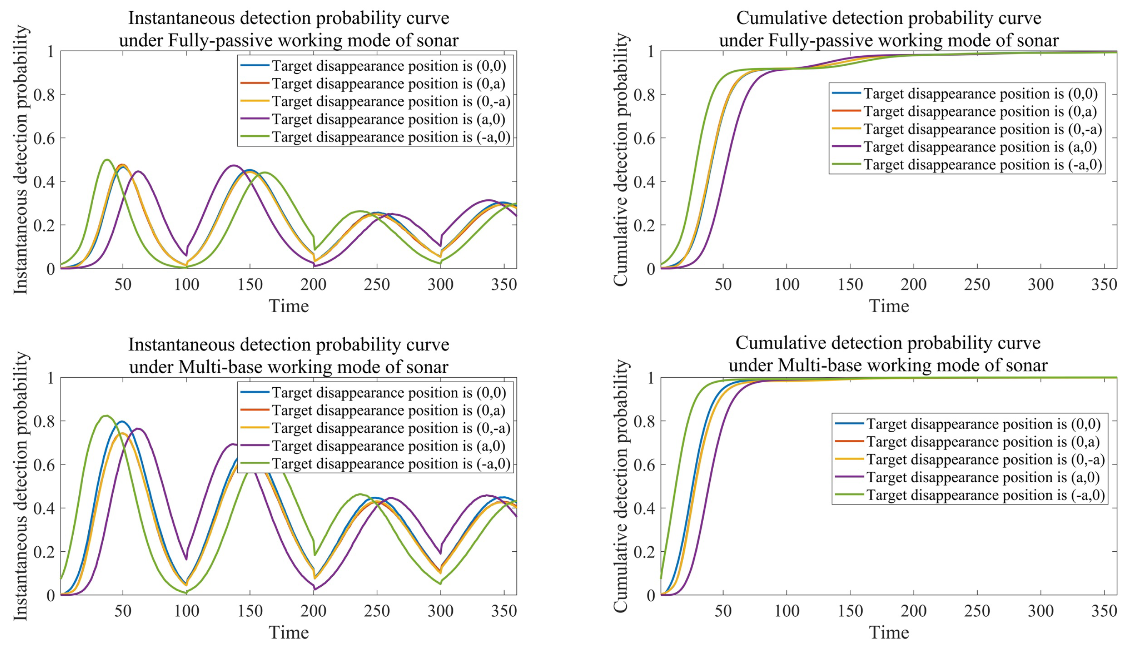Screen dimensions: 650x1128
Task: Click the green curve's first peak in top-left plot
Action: (x=107, y=160)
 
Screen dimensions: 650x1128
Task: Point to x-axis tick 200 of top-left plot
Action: (x=314, y=284)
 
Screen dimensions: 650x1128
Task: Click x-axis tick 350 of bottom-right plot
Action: (x=1104, y=611)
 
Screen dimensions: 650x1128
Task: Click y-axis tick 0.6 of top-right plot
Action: (x=644, y=138)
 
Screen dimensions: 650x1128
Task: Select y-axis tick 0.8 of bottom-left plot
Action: (x=44, y=421)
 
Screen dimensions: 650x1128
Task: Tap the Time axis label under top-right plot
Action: (x=889, y=306)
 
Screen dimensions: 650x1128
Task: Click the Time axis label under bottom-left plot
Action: (x=289, y=633)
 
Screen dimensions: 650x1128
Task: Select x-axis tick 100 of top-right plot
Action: (x=787, y=284)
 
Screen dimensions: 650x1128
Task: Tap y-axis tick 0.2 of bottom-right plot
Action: (x=644, y=552)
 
